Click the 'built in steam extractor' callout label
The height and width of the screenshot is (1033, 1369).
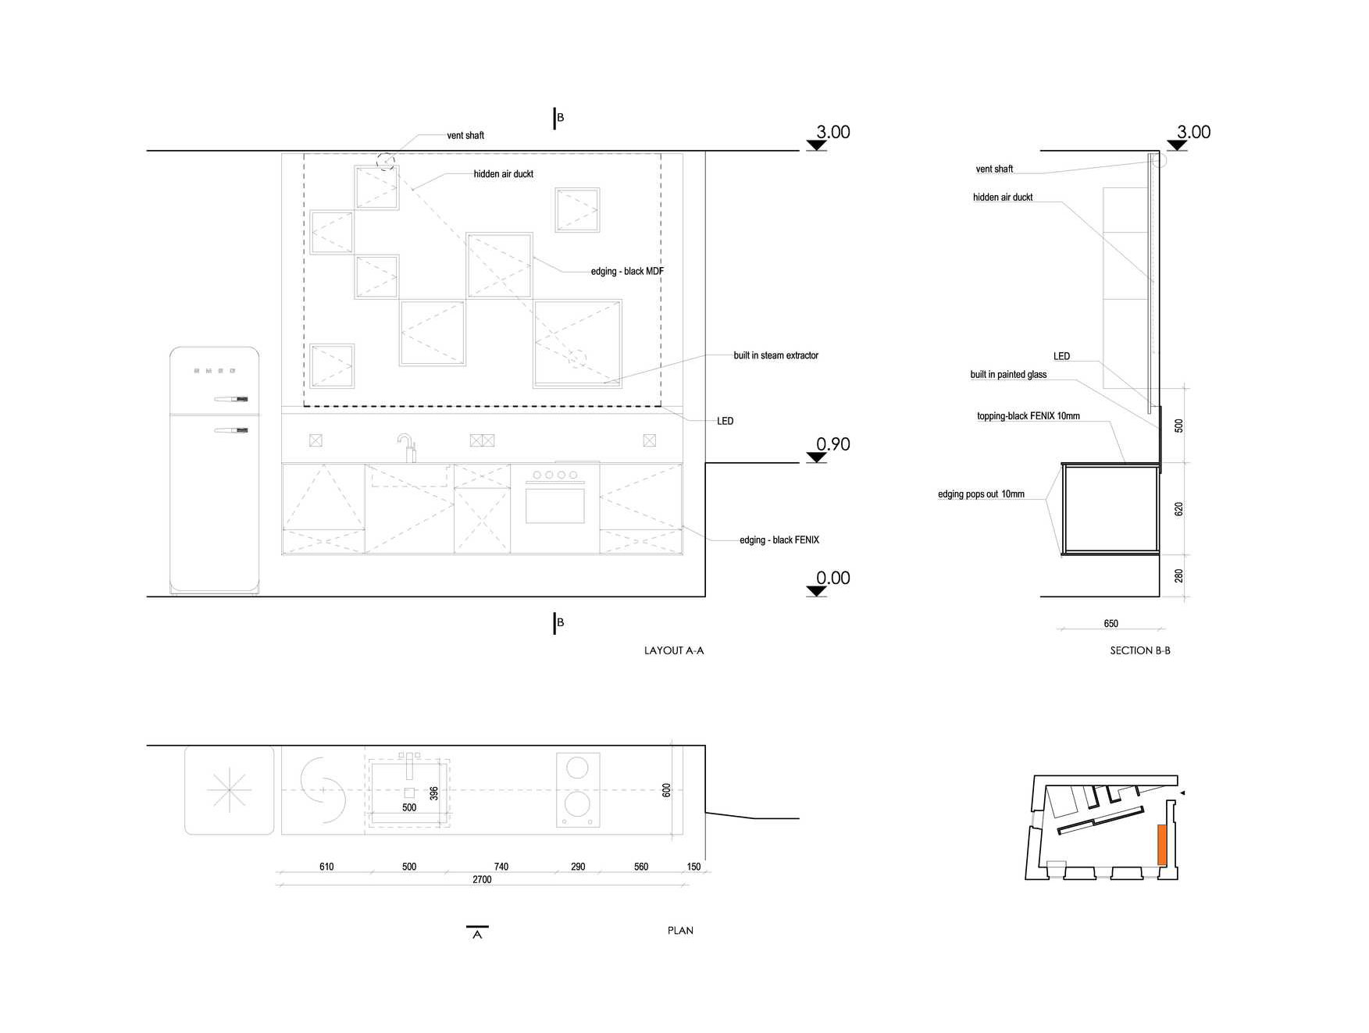coord(775,355)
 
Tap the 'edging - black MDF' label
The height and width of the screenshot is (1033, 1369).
coord(627,271)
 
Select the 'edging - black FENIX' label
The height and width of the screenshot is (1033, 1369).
coord(779,540)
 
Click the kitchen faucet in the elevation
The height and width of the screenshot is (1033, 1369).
coord(407,447)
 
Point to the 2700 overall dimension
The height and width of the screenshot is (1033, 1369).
coord(482,879)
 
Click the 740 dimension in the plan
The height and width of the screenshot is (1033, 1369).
coord(501,867)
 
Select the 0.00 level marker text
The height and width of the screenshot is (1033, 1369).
coord(833,578)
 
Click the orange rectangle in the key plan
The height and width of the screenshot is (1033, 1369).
coord(1162,844)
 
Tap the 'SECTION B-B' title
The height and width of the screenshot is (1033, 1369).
coord(1140,650)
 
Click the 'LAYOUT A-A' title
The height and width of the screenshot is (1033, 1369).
coord(674,650)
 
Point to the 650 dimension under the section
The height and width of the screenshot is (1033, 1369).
coord(1111,623)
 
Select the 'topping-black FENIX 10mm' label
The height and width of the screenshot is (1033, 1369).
coord(1029,416)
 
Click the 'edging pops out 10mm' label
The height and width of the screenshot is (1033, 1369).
coord(981,494)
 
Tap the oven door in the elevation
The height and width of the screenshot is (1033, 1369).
coord(555,504)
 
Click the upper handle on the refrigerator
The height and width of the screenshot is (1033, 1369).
coord(231,399)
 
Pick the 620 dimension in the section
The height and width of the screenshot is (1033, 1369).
coord(1179,508)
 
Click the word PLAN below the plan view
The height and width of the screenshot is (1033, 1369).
coord(680,931)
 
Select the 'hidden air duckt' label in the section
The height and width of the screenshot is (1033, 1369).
coord(1003,198)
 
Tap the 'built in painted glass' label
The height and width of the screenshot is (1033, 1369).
coord(1008,375)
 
